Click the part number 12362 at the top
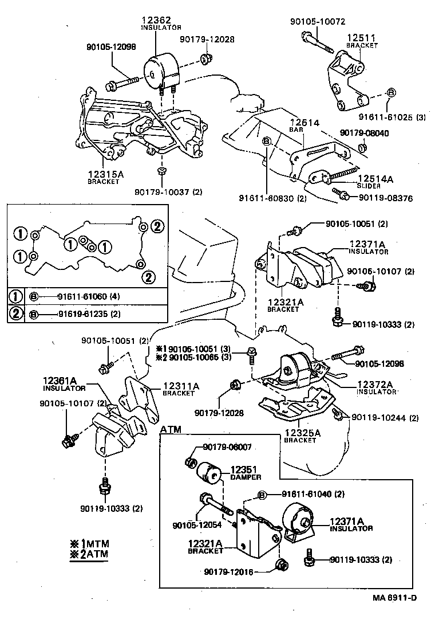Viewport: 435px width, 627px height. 153,19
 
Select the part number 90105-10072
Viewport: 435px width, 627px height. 318,22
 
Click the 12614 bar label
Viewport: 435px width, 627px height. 304,123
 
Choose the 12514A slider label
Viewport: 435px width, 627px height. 375,179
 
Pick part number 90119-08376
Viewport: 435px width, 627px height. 385,198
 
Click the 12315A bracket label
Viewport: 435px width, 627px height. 104,174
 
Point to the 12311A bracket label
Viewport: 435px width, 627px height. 181,387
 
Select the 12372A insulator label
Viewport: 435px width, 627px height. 375,385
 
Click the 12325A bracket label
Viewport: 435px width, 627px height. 300,433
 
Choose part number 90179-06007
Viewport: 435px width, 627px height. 227,447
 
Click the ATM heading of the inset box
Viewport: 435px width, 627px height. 171,429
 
